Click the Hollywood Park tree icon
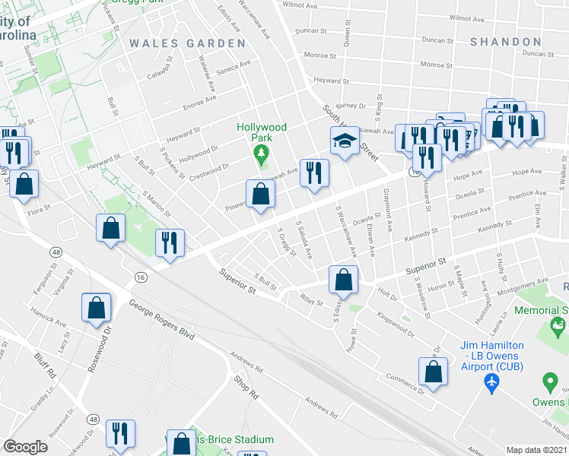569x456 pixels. [x=262, y=156]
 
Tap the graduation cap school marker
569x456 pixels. [x=344, y=141]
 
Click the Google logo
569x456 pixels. [x=25, y=447]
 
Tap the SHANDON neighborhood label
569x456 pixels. [x=504, y=42]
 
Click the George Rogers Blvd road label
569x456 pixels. [x=161, y=320]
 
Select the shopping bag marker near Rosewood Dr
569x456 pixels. [x=97, y=309]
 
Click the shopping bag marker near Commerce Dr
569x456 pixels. [x=432, y=372]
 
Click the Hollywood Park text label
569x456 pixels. [x=262, y=132]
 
